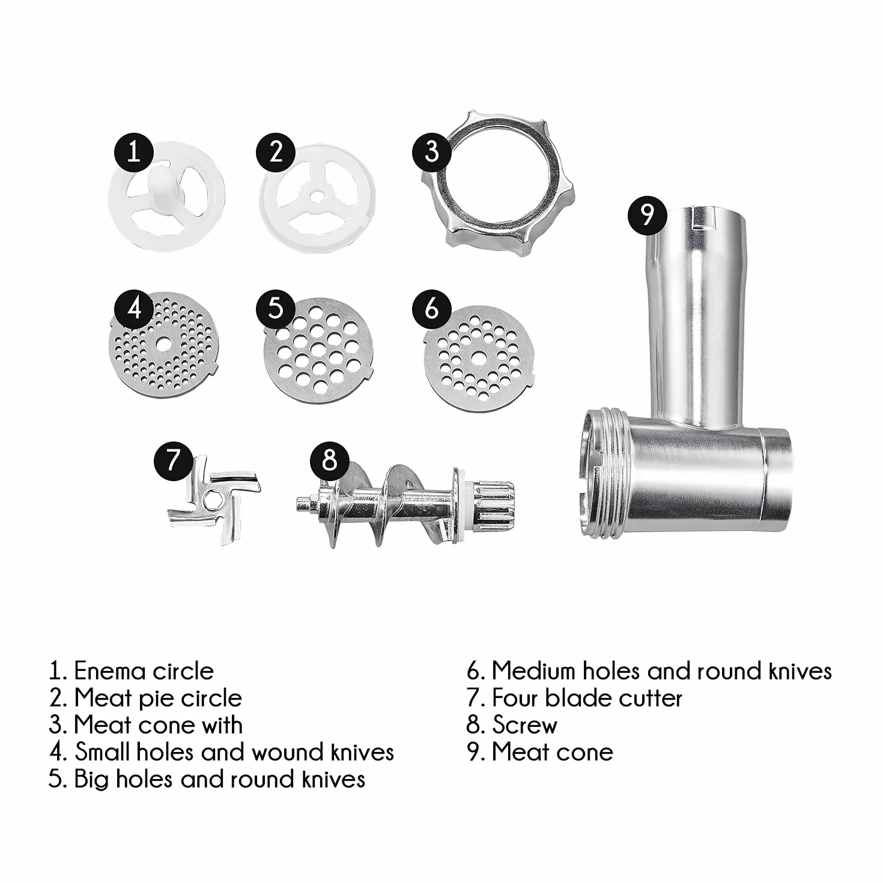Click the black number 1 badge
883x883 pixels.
pos(134,151)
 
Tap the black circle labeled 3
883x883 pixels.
pos(432,151)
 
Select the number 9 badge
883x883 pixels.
pos(647,216)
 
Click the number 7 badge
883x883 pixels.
pos(173,460)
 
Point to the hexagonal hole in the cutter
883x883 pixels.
pos(212,502)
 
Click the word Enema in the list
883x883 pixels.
pos(110,672)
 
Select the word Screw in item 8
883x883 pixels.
pos(525,725)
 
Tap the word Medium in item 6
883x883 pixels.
pos(533,672)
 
